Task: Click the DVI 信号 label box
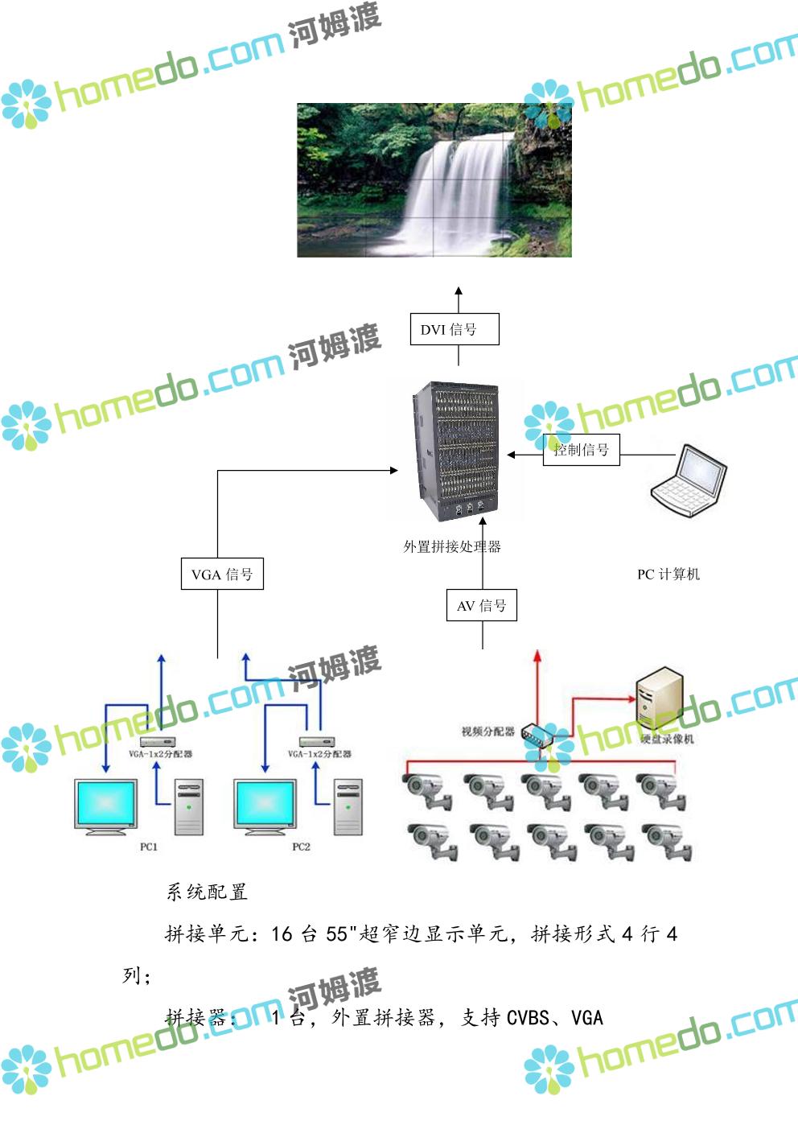click(455, 329)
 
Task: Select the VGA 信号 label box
click(222, 575)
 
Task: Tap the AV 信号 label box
click(481, 606)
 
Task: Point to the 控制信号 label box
click(581, 450)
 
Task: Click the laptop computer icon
click(689, 480)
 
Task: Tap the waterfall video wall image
click(434, 180)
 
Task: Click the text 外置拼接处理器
click(452, 547)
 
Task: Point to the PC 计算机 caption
click(668, 575)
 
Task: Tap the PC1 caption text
click(149, 847)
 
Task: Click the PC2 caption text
click(301, 847)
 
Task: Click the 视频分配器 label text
click(487, 731)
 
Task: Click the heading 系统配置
click(207, 892)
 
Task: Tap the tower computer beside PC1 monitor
click(189, 807)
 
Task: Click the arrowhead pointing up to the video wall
click(459, 291)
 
